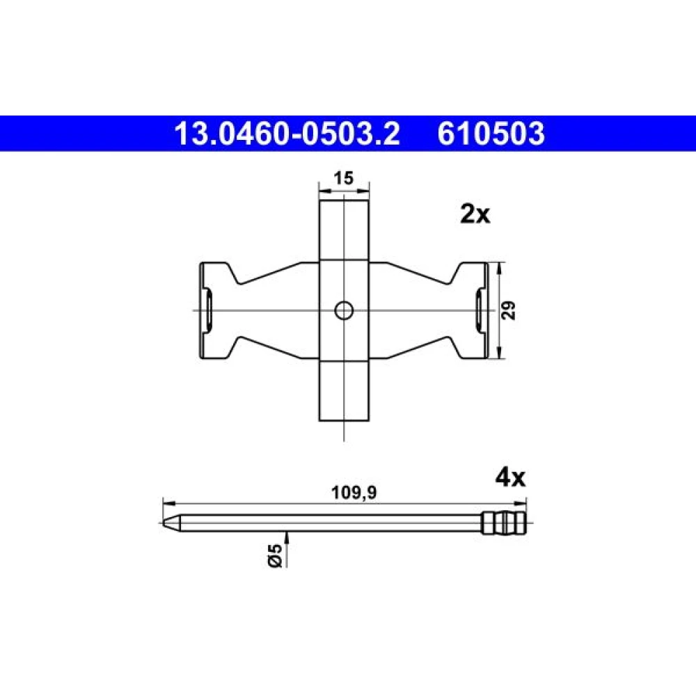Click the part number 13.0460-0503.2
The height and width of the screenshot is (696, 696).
[287, 134]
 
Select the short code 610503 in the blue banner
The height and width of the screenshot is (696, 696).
[491, 134]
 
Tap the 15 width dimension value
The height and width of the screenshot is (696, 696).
[344, 178]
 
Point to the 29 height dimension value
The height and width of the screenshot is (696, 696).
[509, 310]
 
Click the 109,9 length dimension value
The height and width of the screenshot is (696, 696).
[354, 493]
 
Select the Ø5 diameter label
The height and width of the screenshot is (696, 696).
[275, 555]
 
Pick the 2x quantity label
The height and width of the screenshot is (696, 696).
[475, 215]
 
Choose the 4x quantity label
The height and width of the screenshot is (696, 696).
[510, 478]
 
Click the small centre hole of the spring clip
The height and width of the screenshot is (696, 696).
[344, 310]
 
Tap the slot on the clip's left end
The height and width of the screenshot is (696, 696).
[207, 310]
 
